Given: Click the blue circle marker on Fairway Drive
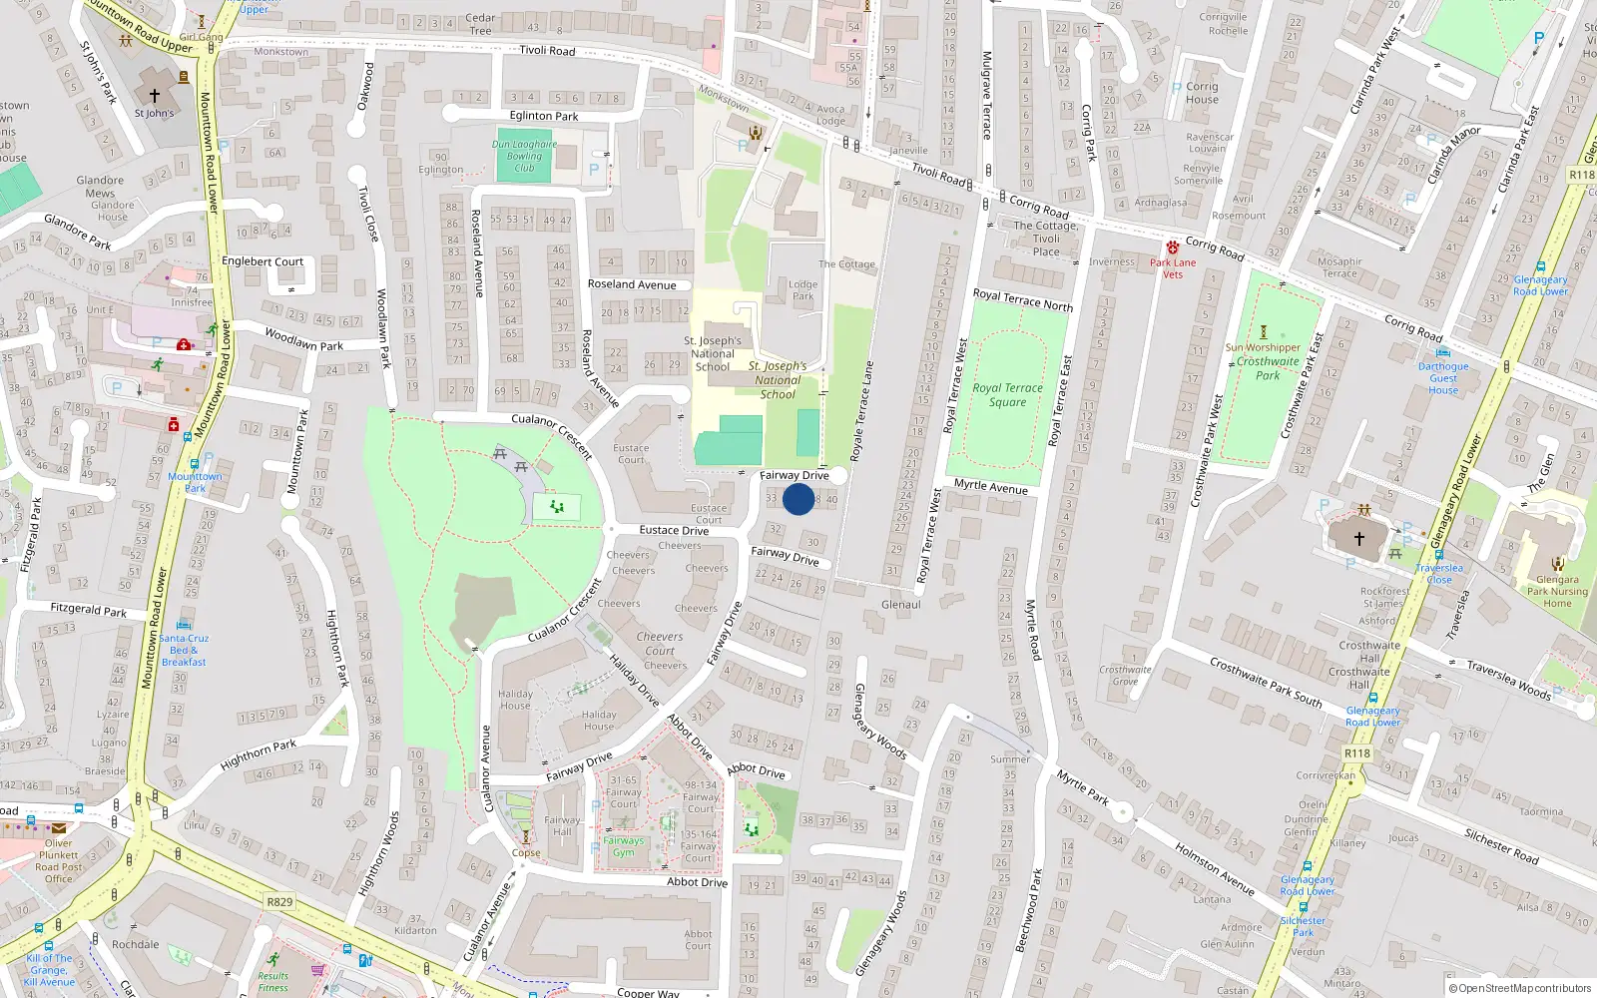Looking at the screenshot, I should click(798, 499).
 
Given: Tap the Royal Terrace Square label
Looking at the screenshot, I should click(1007, 395).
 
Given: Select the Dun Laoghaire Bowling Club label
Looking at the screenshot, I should click(524, 156).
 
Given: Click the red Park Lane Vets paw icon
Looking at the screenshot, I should click(1172, 247).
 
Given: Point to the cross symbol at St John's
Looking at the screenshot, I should click(155, 96).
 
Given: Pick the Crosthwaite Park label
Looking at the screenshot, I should click(1268, 368).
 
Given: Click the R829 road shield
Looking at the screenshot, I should click(279, 902).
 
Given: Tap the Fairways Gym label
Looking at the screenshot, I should click(623, 846).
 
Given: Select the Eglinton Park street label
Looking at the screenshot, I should click(544, 116).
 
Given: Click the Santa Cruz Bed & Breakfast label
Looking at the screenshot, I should click(184, 650).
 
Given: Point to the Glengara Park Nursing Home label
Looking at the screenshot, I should click(1557, 591).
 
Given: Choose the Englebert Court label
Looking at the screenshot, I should click(263, 261).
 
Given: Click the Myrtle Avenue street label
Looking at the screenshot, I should click(990, 486).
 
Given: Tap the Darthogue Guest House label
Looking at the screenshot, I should click(1443, 378).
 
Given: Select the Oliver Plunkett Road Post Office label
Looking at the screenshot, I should click(59, 860).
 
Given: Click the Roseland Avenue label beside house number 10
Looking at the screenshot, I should click(632, 284).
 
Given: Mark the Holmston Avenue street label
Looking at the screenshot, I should click(1215, 868).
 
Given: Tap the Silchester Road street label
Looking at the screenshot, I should click(1501, 846).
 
